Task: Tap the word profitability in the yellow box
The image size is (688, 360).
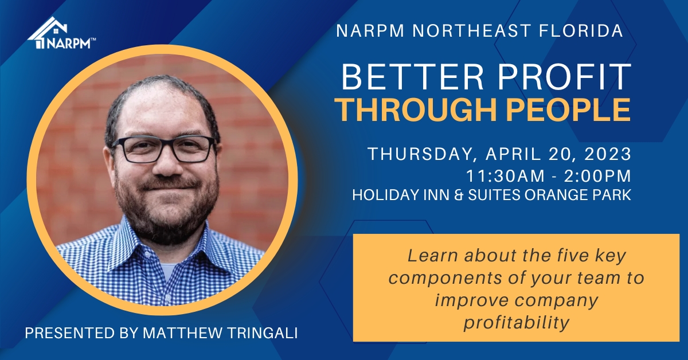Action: pos(516,323)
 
